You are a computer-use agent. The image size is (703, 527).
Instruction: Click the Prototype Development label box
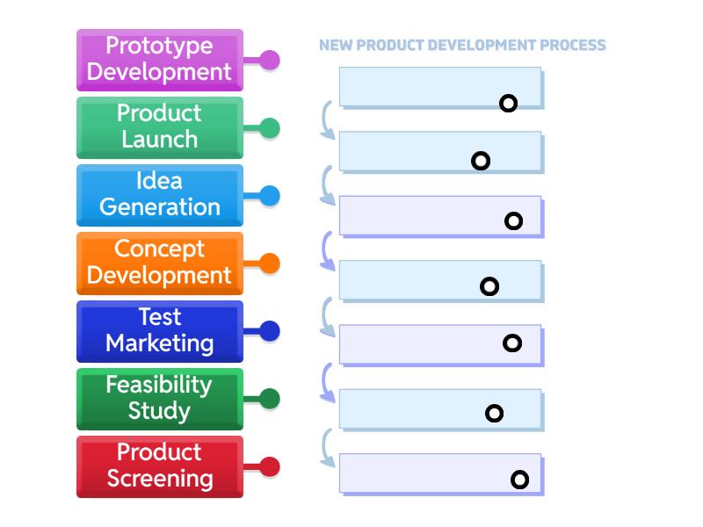coord(159,60)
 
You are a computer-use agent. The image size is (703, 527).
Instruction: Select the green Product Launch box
coord(159,127)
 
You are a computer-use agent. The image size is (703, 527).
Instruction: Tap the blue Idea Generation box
coord(159,195)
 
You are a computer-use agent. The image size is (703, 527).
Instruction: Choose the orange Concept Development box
coord(159,263)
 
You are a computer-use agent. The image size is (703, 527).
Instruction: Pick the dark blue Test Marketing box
coord(159,331)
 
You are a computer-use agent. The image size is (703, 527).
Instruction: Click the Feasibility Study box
coord(159,399)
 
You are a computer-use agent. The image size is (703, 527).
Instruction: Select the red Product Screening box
coord(159,466)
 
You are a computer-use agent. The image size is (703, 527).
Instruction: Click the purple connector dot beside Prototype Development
coord(270,61)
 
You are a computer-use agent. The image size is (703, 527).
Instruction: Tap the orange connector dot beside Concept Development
coord(270,263)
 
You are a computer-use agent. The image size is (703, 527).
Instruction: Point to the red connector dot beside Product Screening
coord(270,467)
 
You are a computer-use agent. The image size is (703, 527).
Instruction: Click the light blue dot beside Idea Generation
coord(270,196)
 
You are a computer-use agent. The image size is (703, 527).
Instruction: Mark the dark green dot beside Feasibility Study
coord(270,400)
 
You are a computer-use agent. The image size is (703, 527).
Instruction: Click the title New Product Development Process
coord(462,45)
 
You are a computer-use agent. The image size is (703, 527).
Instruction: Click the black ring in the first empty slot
coord(508,104)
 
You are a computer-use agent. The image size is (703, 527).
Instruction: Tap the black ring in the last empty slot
coord(519,480)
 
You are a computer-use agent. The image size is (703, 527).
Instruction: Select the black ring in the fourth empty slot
coord(489,286)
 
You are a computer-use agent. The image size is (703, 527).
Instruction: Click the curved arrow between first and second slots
coord(326,121)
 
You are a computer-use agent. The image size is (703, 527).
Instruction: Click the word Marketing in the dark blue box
coord(159,343)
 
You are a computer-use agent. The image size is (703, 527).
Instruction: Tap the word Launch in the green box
coord(159,140)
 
